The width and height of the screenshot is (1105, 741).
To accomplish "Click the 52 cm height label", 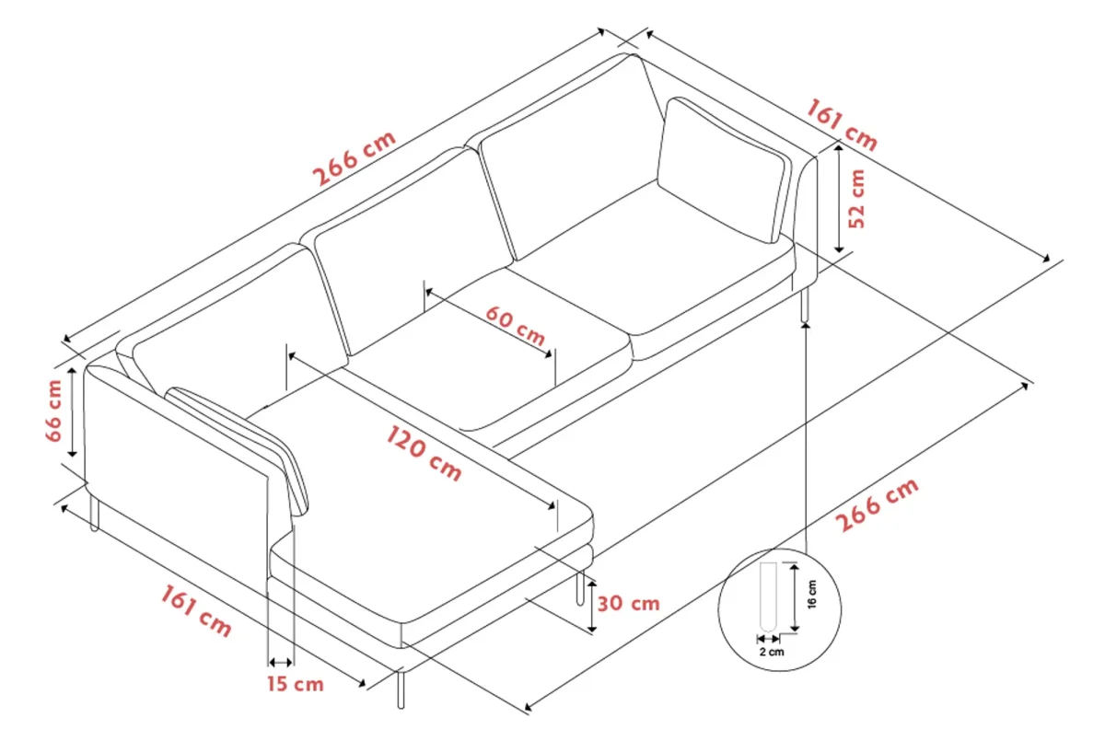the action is click(857, 198).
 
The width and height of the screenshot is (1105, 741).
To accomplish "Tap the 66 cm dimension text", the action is click(53, 411).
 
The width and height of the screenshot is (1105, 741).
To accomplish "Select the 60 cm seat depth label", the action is click(516, 325).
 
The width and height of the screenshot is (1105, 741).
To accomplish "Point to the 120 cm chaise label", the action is click(424, 453).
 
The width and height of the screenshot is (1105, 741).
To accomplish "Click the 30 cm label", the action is click(628, 604).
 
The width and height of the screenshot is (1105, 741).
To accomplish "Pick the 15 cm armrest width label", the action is click(296, 684).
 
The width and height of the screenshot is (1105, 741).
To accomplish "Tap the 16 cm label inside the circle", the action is click(812, 594).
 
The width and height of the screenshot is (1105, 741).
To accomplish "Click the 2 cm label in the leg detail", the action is click(772, 652).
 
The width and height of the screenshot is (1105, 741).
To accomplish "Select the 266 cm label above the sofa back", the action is click(355, 158).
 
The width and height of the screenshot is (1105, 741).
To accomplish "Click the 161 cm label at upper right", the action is click(842, 125).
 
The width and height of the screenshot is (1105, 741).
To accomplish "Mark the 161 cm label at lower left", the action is click(196, 611).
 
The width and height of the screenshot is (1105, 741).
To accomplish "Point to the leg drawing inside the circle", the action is click(768, 596).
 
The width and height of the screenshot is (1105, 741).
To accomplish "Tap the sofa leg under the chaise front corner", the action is click(401, 689).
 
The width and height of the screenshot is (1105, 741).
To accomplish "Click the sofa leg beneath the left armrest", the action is click(94, 514).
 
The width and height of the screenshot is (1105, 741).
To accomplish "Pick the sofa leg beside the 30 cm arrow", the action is click(580, 587).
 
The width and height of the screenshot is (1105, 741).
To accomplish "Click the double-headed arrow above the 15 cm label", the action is click(281, 662).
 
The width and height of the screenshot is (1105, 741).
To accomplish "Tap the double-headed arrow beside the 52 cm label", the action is click(839, 199).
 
